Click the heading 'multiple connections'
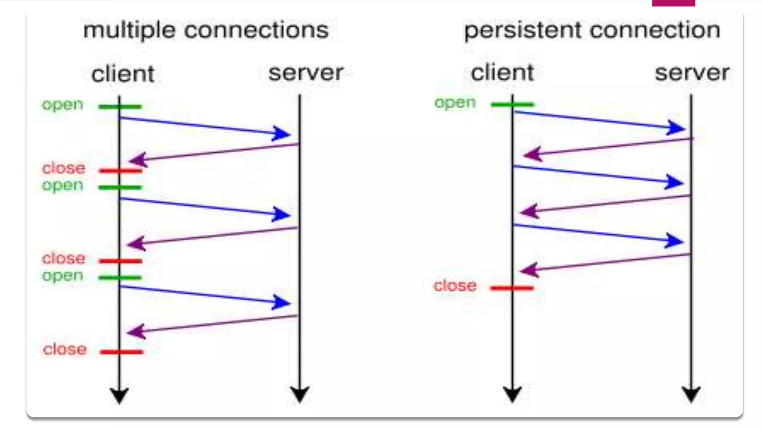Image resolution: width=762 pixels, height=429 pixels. point(206,31)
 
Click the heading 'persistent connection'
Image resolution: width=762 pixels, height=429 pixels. point(592,31)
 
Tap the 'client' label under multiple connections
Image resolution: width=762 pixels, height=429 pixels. point(122,74)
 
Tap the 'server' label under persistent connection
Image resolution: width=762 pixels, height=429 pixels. point(692,73)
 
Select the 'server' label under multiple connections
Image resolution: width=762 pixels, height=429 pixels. point(305,73)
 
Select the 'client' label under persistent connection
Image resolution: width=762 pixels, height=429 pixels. point(502,73)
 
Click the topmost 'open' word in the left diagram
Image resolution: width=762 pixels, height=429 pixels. point(62,105)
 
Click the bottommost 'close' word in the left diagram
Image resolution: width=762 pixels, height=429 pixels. point(65,349)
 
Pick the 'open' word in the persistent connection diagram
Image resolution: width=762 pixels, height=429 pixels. point(455,103)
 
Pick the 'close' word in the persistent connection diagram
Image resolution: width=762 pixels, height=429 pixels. point(455,286)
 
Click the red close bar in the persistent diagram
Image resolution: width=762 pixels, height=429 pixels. point(512,288)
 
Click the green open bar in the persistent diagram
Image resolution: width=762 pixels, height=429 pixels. point(512,105)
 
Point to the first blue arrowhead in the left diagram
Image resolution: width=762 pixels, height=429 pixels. point(282,133)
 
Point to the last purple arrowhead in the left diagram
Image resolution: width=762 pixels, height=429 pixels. point(136,331)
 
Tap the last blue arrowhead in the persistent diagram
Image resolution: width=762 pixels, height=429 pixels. point(675,241)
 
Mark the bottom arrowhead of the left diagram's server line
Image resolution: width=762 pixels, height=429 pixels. point(300,394)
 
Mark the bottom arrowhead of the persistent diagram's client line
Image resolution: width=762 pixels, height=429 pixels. point(512,394)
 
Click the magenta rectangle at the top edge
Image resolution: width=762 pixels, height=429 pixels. point(673,3)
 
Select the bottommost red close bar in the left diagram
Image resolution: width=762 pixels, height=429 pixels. point(121,352)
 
